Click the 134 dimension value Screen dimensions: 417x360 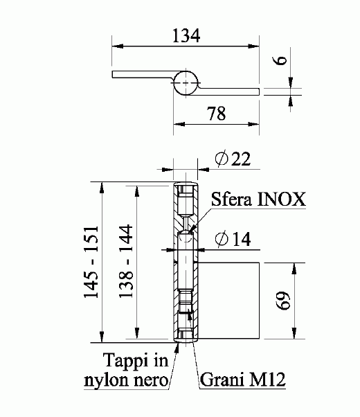tap(185, 36)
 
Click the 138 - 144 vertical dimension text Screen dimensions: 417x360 tap(126, 263)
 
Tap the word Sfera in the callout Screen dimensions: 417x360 tap(231, 201)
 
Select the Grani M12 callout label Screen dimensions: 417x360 tap(242, 380)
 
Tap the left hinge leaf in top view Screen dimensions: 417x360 tap(138, 75)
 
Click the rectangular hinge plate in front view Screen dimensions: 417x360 tap(228, 301)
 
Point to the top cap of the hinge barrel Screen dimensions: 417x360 tap(185, 187)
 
